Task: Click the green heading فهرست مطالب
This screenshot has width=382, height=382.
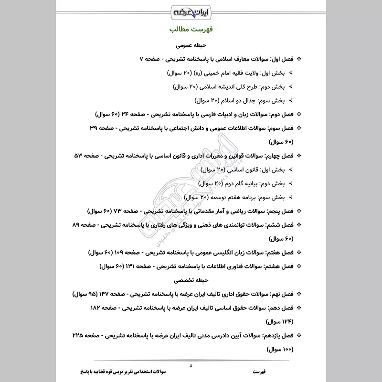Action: coord(191,30)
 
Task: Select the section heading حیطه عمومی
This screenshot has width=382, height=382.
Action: coord(191,47)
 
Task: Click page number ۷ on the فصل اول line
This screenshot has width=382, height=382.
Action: coord(141,60)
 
